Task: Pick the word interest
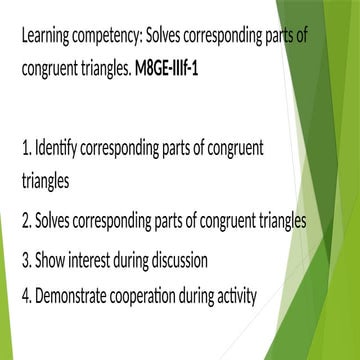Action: [x=93, y=262]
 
